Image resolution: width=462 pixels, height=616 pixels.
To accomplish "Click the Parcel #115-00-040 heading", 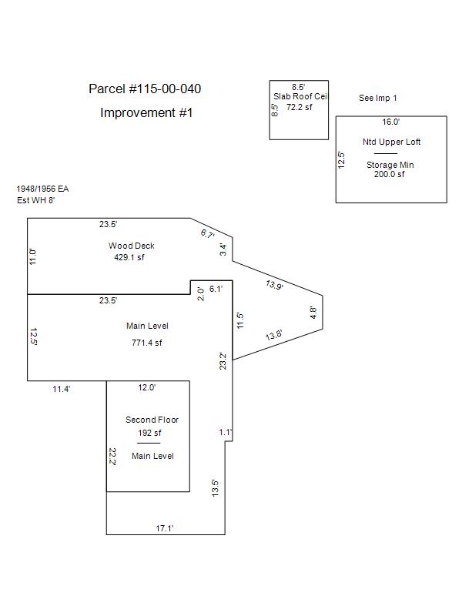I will click(145, 89).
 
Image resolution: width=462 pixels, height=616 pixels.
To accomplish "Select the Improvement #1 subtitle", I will click(146, 113).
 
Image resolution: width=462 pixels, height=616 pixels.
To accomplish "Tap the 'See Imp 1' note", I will click(378, 99).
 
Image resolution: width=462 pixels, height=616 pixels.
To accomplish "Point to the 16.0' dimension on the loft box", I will click(391, 122).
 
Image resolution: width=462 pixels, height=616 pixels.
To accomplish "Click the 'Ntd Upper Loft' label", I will click(391, 142).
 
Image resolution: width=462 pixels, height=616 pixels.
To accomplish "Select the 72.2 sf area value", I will click(300, 108).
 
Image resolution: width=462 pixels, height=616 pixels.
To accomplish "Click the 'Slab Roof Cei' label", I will click(300, 97).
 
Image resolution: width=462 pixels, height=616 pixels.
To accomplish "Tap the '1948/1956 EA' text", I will click(43, 189).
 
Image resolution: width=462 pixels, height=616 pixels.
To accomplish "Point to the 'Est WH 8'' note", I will click(37, 200).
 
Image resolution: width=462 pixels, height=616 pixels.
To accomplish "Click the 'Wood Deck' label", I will click(131, 246).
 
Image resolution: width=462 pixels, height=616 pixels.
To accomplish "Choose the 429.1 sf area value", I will click(129, 257).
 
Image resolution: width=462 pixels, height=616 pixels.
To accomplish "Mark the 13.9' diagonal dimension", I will click(274, 285).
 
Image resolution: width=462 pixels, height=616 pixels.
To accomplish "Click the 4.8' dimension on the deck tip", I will click(313, 312).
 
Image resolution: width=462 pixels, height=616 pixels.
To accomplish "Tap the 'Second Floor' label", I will click(152, 420).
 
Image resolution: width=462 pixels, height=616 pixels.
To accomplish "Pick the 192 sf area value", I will click(148, 433).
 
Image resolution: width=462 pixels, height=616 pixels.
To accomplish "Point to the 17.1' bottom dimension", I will click(165, 528).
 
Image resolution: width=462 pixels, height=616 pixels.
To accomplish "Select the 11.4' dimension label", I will click(62, 390).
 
